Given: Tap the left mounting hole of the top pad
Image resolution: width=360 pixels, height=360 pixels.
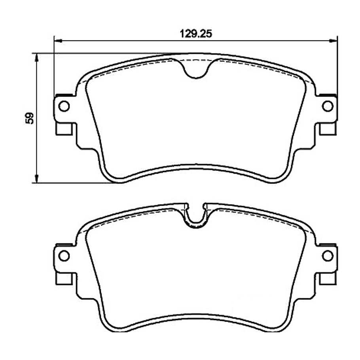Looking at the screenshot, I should (64, 106).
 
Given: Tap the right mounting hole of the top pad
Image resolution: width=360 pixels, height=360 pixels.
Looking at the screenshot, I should (328, 106).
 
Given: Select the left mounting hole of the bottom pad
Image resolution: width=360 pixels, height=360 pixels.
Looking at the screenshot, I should (64, 256).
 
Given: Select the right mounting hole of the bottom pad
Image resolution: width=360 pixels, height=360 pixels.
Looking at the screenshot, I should (328, 256).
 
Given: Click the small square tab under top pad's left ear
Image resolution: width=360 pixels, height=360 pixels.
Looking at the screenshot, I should (64, 129).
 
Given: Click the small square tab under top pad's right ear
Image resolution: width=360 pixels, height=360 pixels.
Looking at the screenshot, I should (328, 129).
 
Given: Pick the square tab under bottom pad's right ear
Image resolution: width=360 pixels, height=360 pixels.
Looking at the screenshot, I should (328, 279).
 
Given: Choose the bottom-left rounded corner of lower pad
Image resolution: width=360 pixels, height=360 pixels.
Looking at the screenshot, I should (112, 327).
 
